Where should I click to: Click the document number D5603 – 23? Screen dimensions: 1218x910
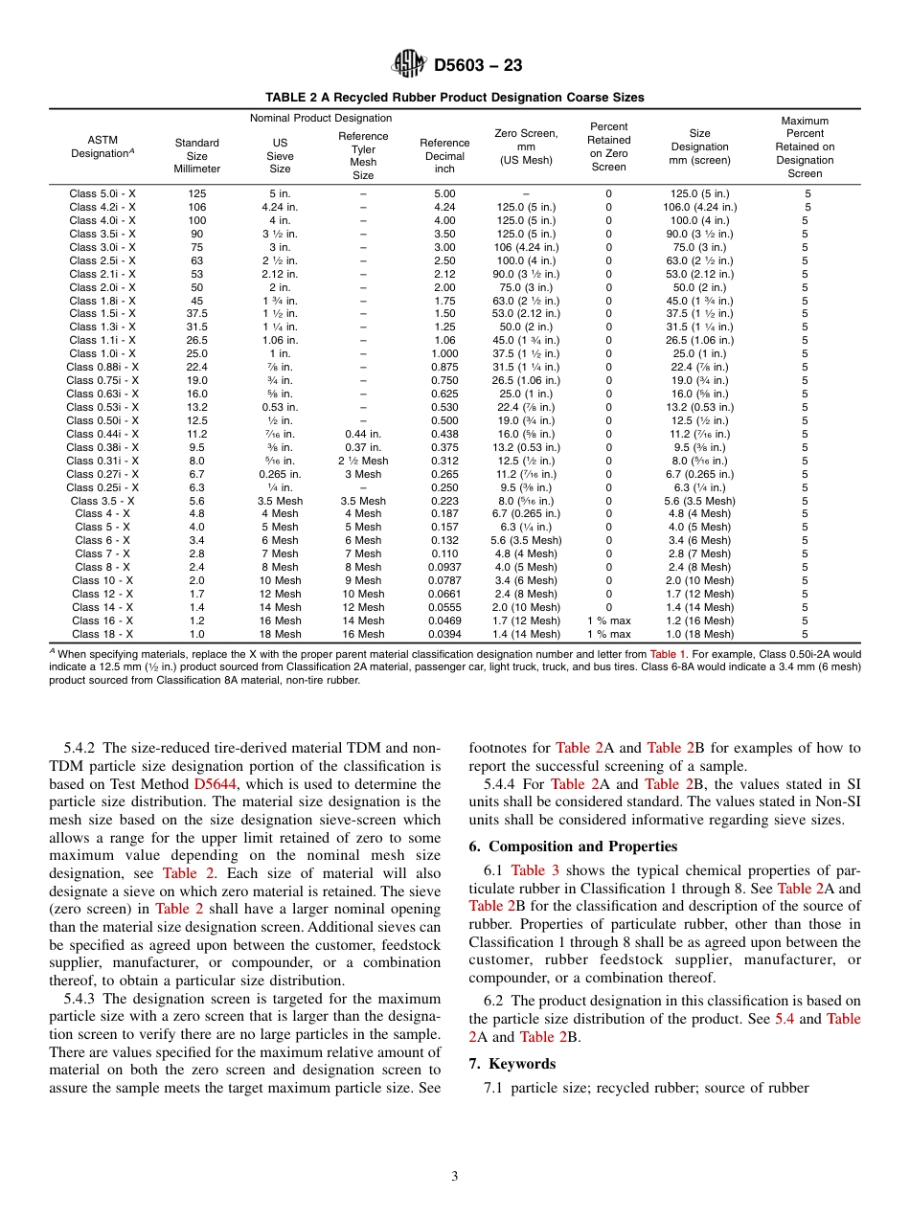pyautogui.click(x=478, y=66)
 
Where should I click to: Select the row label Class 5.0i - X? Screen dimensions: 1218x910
pyautogui.click(x=102, y=193)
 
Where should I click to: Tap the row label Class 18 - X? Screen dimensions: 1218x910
pyautogui.click(x=102, y=634)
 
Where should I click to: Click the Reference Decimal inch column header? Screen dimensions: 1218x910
pyautogui.click(x=444, y=156)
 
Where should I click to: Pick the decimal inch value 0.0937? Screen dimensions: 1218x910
pyautogui.click(x=444, y=567)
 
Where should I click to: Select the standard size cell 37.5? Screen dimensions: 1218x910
pyautogui.click(x=196, y=313)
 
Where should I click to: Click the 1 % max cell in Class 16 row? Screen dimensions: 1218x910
pyautogui.click(x=608, y=620)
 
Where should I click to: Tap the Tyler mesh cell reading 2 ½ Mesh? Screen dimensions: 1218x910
pyautogui.click(x=363, y=461)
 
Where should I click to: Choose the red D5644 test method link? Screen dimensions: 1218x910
pyautogui.click(x=210, y=784)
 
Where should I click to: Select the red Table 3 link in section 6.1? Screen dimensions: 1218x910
pyautogui.click(x=535, y=870)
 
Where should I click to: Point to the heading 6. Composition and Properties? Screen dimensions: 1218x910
pyautogui.click(x=573, y=846)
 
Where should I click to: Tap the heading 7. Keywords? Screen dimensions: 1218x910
pyautogui.click(x=512, y=1064)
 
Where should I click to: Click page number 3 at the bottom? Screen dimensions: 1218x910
pyautogui.click(x=455, y=1177)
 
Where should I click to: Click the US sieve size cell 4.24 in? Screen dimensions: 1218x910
pyautogui.click(x=280, y=207)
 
